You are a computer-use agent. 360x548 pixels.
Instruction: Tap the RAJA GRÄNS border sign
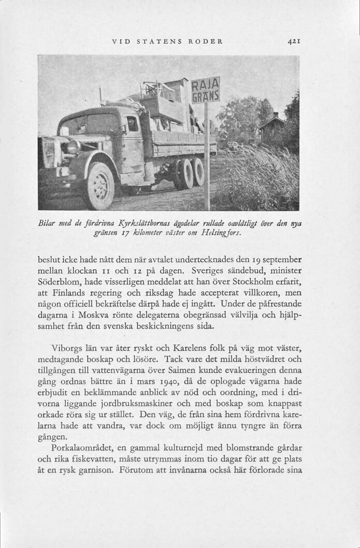(x=206, y=90)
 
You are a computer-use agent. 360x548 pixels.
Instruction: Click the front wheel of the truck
(x=100, y=185)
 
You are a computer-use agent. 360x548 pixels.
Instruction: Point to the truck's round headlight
(x=73, y=147)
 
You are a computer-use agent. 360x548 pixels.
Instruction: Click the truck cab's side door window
(x=132, y=124)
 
